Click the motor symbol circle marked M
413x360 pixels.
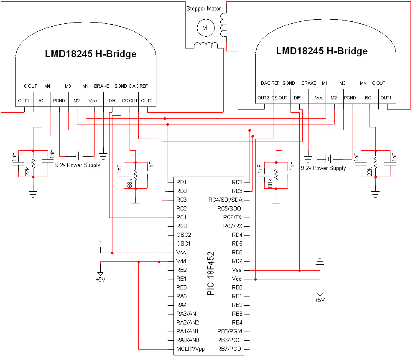205,28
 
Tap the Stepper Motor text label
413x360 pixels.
203,8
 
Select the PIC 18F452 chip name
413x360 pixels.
211,274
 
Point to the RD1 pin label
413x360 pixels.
181,182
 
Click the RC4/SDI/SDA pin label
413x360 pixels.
226,200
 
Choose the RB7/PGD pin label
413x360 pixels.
230,349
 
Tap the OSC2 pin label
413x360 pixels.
184,235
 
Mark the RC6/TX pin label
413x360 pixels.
232,217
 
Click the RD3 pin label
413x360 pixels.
237,191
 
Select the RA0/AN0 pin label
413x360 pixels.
187,340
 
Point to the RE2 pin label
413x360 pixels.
181,270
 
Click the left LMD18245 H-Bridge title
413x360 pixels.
91,54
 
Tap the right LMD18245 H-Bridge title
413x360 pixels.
322,51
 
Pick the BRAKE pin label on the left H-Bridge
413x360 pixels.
102,86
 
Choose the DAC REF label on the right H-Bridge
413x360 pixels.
270,83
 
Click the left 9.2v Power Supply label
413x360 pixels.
78,165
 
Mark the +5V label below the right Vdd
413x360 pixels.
320,300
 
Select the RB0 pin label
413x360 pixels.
237,287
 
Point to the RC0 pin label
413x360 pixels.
181,226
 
